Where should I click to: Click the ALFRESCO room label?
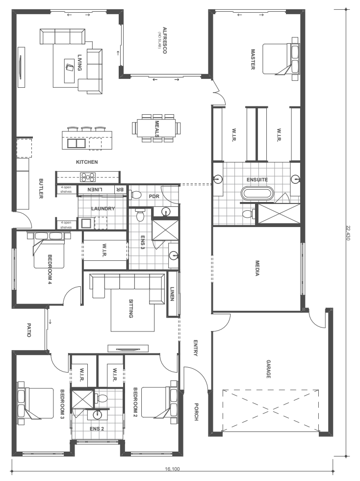pyautogui.click(x=164, y=41)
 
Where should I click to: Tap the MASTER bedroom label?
pyautogui.click(x=253, y=59)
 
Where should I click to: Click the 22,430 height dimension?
pyautogui.click(x=348, y=233)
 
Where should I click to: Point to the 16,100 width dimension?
pyautogui.click(x=172, y=469)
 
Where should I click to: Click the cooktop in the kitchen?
pyautogui.click(x=88, y=177)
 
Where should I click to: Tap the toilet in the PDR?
pyautogui.click(x=136, y=195)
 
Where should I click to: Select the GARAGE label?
pyautogui.click(x=268, y=369)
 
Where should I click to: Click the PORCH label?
pyautogui.click(x=196, y=411)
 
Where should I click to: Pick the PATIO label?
pyautogui.click(x=29, y=330)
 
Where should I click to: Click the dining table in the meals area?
pyautogui.click(x=156, y=127)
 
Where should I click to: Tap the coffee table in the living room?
pyautogui.click(x=70, y=71)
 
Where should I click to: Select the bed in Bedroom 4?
pyautogui.click(x=49, y=250)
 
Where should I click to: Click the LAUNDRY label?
pyautogui.click(x=103, y=208)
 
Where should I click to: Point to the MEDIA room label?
pyautogui.click(x=257, y=268)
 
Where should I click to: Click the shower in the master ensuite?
pyautogui.click(x=279, y=213)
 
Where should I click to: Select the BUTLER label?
pyautogui.click(x=41, y=188)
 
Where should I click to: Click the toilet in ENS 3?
pyautogui.click(x=141, y=215)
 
